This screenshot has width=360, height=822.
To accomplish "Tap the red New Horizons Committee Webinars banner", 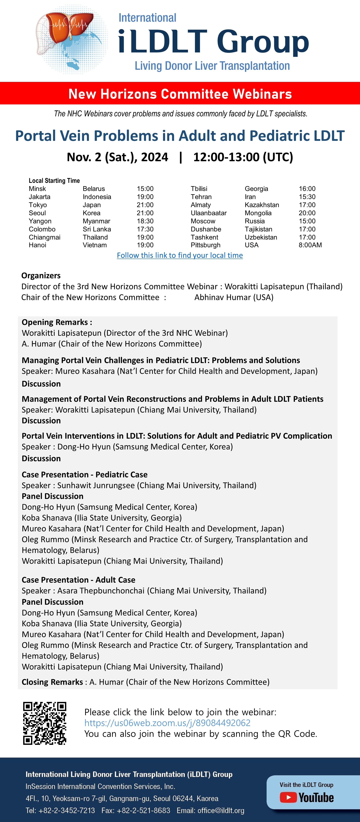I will click(x=180, y=94).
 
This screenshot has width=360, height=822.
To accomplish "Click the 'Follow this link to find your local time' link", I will click(x=180, y=255).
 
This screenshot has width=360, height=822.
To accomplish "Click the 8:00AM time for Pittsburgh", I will click(x=310, y=245).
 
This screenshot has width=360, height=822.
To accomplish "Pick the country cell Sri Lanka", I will click(x=97, y=229).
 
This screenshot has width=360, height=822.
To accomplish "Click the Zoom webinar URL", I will click(x=167, y=723).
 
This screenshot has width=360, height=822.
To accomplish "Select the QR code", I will click(x=45, y=723).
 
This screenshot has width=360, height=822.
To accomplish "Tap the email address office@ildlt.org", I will click(x=221, y=810).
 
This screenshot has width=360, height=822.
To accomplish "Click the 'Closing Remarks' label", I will click(x=52, y=682).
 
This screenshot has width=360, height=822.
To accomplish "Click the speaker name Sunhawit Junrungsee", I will click(x=96, y=485).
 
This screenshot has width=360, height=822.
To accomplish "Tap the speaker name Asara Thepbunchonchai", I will click(x=101, y=591).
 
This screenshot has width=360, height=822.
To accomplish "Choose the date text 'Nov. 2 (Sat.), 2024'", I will click(x=117, y=157).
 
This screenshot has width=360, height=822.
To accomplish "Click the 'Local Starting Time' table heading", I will click(x=54, y=181).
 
